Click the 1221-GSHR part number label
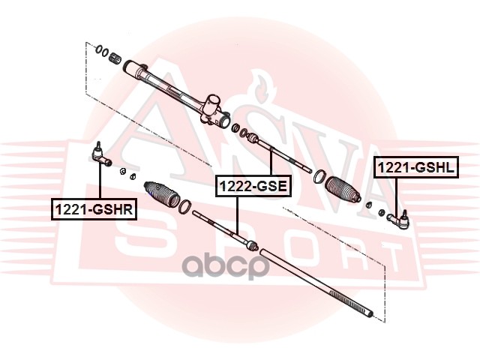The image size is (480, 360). [93, 209]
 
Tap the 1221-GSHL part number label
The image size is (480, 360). [415, 168]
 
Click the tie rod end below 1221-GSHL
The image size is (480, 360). [397, 218]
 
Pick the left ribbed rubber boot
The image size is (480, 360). [163, 194]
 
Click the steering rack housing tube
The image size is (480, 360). [165, 83]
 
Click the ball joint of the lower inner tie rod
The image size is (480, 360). [250, 244]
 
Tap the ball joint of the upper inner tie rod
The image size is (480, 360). [252, 138]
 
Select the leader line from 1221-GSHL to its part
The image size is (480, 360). [395, 195]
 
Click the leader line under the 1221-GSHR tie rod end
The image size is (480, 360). [100, 184]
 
